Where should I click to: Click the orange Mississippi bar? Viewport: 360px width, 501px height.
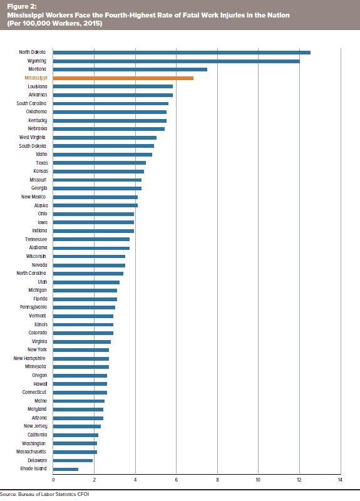[x=123, y=78]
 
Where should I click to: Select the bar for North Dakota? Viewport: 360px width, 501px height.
[x=182, y=53]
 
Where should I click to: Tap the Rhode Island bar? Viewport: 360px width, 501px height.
[x=66, y=469]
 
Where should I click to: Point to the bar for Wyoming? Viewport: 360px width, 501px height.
[x=177, y=61]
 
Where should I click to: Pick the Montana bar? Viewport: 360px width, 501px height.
[x=130, y=70]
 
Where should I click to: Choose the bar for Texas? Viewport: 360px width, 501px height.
[x=100, y=163]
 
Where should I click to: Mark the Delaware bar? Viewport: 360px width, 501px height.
[x=73, y=460]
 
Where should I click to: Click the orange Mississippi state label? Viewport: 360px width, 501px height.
[x=36, y=78]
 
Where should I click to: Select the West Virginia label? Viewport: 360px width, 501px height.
[x=33, y=137]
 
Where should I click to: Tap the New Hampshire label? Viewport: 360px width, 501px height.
[x=29, y=358]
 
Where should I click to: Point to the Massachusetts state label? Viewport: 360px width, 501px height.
[x=31, y=452]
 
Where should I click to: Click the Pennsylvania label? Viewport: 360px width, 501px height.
[x=33, y=307]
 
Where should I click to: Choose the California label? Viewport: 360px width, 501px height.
[x=37, y=435]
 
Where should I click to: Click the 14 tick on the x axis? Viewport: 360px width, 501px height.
[x=340, y=480]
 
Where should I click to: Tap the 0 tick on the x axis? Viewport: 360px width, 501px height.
[x=53, y=480]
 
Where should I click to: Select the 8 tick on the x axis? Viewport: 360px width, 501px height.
[x=217, y=480]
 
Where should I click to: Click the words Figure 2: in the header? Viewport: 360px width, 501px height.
[x=22, y=7]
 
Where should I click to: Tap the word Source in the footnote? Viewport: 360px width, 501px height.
[x=8, y=494]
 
